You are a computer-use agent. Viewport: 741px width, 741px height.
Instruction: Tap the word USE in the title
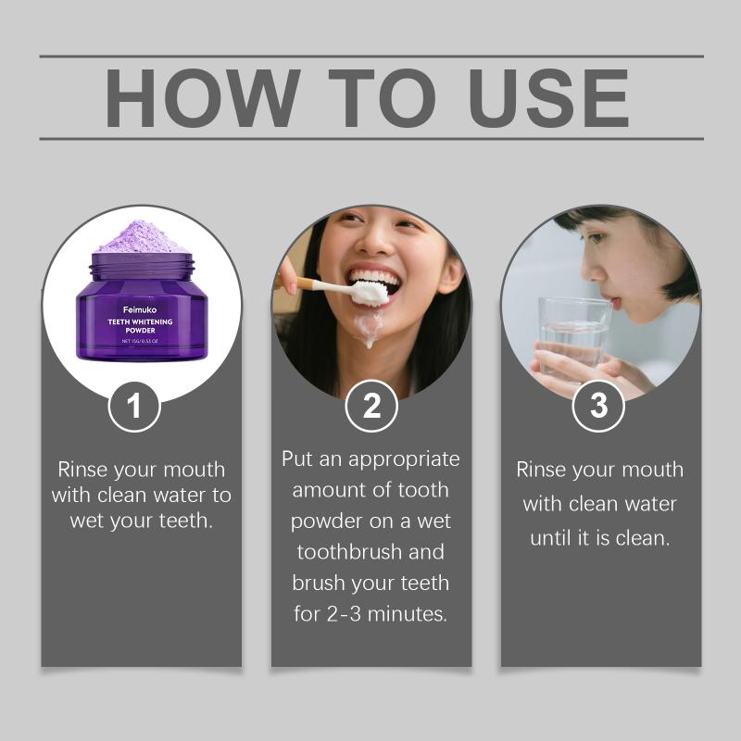548,98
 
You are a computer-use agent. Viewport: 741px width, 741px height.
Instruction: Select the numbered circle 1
134,407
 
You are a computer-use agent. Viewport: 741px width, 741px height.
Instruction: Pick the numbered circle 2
371,406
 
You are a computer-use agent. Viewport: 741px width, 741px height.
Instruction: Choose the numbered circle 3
598,406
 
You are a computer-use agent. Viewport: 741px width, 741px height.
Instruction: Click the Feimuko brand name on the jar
140,310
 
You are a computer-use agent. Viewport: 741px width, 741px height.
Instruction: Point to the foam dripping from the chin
369,325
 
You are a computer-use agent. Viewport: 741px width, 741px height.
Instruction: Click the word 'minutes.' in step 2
407,614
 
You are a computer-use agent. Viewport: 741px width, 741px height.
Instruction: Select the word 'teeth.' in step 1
186,521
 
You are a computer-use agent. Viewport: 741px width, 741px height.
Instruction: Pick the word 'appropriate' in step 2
404,460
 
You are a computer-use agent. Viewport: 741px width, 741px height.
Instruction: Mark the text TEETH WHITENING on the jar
141,321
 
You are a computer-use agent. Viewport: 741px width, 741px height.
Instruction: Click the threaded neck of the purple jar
143,267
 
